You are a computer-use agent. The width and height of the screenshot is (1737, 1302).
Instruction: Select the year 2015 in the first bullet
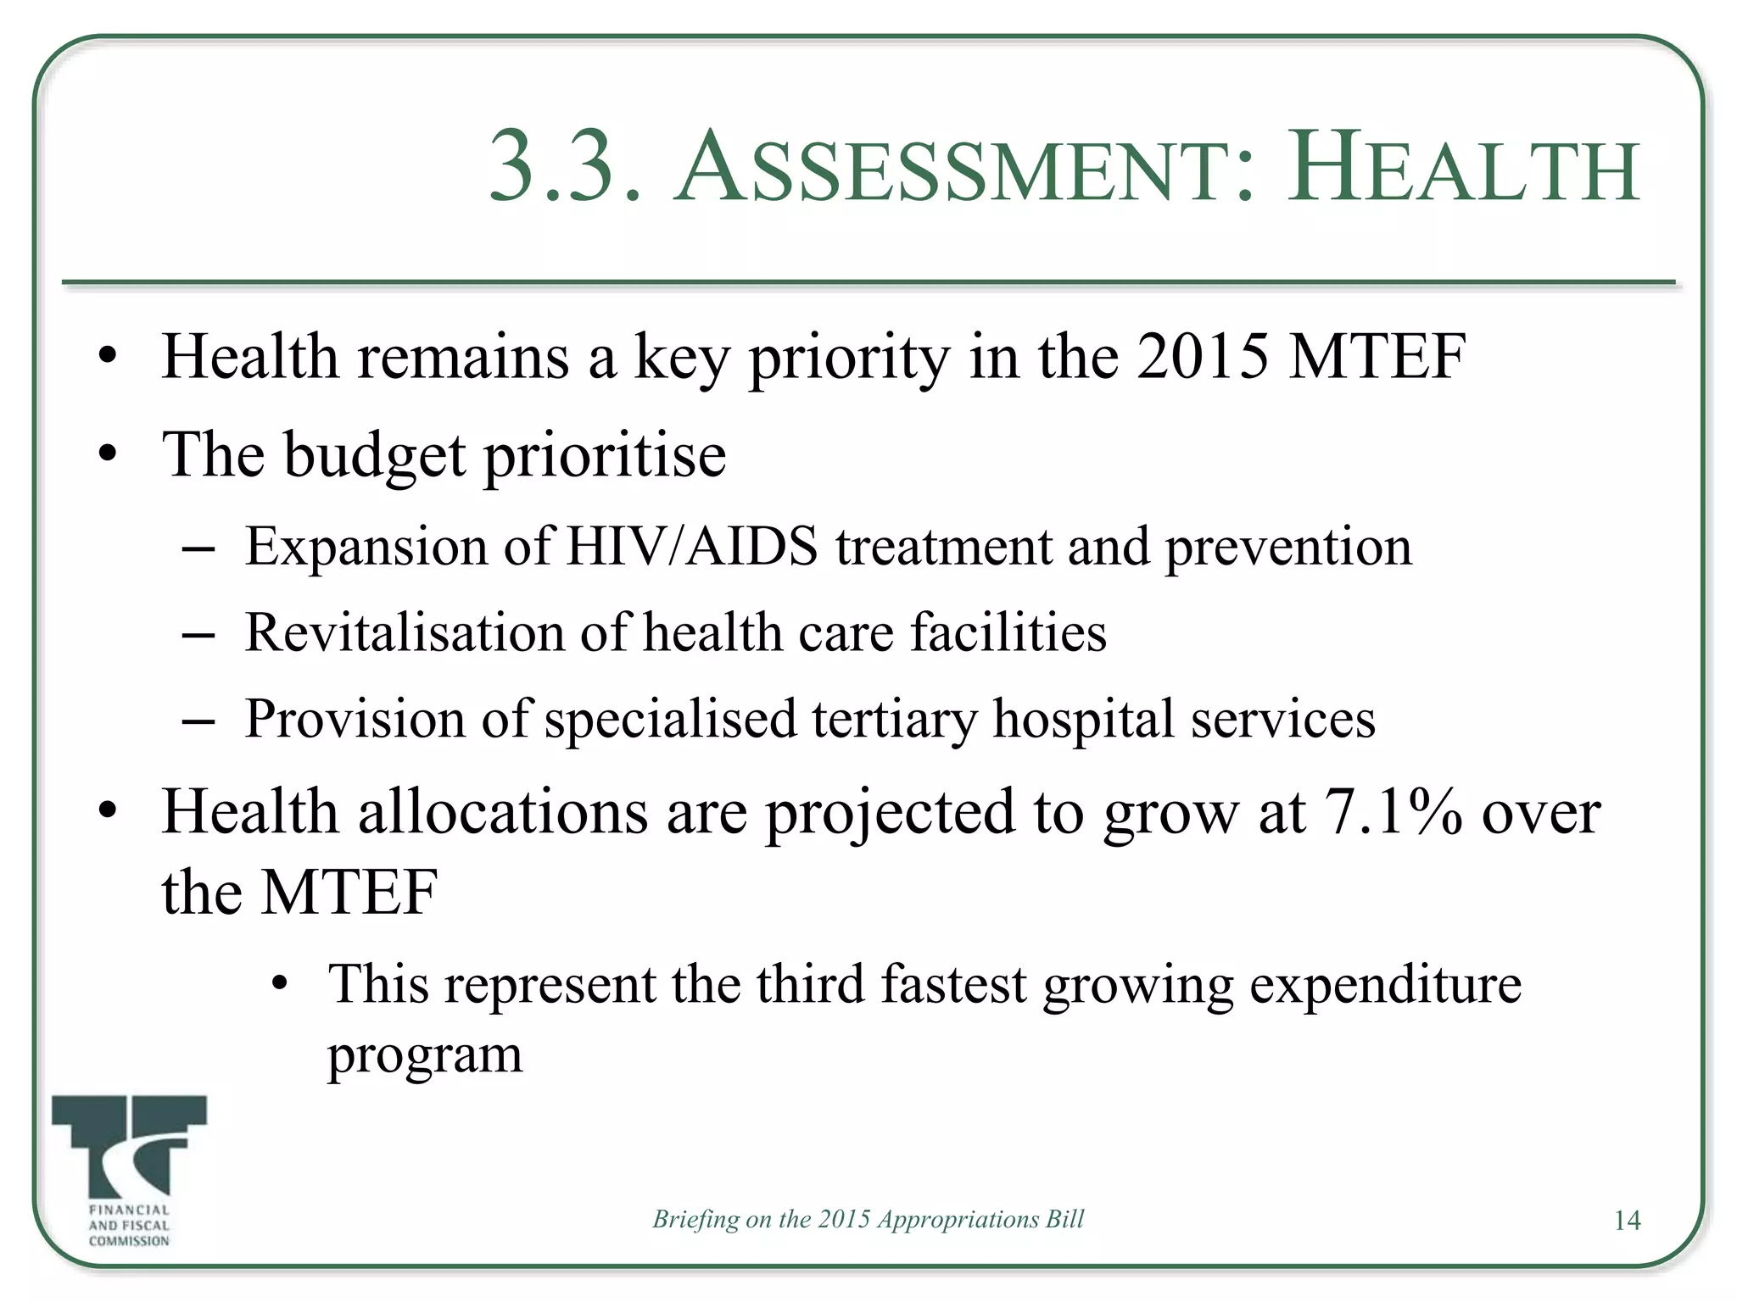coord(1203,356)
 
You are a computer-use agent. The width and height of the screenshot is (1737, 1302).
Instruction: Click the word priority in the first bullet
coord(848,359)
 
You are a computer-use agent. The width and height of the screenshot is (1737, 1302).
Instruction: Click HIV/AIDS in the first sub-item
coord(692,546)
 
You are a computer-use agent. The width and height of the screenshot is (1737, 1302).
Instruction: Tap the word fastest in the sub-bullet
coord(953,985)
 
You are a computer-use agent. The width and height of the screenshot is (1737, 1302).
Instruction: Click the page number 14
coord(1627,1221)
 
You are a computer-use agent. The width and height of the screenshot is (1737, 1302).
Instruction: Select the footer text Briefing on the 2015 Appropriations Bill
coord(868,1219)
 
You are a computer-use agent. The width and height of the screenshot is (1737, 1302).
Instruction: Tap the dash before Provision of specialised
coord(198,721)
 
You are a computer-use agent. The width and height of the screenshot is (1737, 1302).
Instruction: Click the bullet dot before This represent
coord(280,985)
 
